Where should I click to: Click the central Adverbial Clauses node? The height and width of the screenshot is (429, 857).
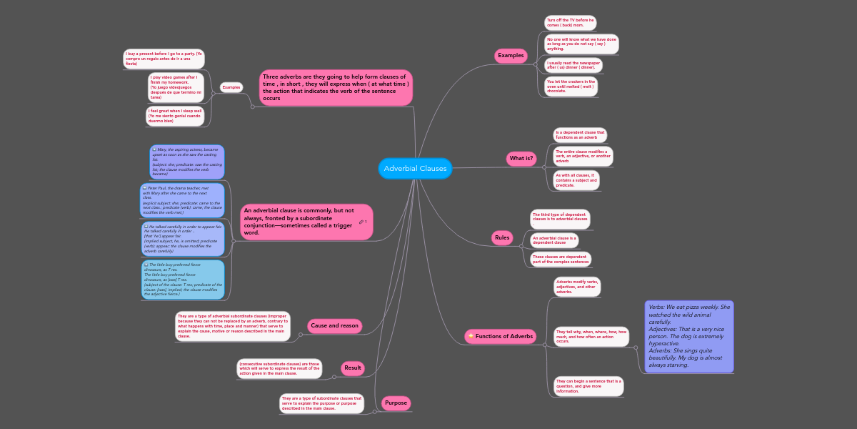coord(415,169)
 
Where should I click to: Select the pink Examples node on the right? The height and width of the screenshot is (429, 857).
coord(511,55)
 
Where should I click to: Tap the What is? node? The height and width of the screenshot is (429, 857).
coord(521,159)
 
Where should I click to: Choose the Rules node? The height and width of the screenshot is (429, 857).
coord(502,237)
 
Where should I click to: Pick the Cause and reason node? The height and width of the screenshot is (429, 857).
coord(334,326)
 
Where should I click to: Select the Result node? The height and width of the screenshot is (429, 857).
coord(353,368)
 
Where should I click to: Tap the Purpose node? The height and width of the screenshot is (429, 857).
coord(396,403)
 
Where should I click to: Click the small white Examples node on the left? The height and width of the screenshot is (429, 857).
coord(231,87)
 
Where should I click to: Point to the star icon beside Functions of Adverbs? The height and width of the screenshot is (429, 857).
coord(470,336)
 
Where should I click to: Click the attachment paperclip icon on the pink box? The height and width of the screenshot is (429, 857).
coord(362,222)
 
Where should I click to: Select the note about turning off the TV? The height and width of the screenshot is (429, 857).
coord(570,23)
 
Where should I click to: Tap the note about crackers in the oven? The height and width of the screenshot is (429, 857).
coord(570,87)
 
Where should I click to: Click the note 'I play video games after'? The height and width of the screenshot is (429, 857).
coord(176,87)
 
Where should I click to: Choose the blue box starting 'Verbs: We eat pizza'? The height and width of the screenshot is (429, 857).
coord(689,336)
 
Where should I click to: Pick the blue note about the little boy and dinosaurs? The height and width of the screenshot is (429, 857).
coord(183,279)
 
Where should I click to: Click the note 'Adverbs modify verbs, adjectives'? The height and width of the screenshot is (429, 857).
coord(577,287)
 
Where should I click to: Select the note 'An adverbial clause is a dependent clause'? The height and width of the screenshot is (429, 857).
coord(554,240)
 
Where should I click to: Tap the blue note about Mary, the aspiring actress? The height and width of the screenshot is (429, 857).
coord(186,162)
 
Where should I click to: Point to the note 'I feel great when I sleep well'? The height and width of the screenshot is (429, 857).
coord(176,116)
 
